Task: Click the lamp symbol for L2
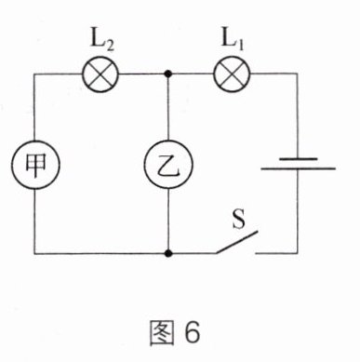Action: click(100, 74)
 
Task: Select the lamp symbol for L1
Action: click(232, 74)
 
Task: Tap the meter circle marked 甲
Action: click(35, 165)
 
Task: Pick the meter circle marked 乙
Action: click(168, 164)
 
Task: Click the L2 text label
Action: click(102, 40)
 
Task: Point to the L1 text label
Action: click(233, 40)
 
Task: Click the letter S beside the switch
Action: click(239, 220)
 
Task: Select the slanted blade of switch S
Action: click(237, 242)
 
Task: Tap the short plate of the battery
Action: click(298, 159)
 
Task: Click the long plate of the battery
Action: click(298, 168)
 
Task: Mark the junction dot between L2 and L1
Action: click(168, 74)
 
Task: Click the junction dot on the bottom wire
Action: click(168, 253)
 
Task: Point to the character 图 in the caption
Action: click(161, 333)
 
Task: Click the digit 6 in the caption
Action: click(193, 333)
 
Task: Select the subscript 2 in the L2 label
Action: click(109, 45)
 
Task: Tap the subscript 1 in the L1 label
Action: click(240, 45)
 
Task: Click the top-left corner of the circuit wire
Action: click(34, 74)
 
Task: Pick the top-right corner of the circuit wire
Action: click(298, 74)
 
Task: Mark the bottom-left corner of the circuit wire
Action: click(34, 253)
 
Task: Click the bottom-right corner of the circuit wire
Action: click(298, 253)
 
